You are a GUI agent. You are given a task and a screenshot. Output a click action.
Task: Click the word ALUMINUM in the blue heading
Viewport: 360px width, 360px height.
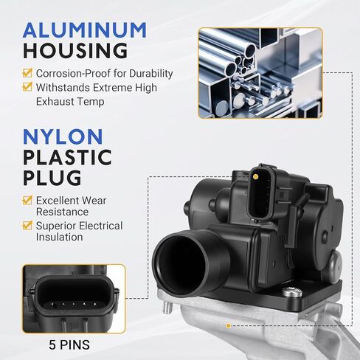[85, 30]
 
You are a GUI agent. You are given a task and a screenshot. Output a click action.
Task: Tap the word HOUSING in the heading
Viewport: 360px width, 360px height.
[75, 51]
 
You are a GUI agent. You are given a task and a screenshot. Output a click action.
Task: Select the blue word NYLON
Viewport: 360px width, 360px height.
[63, 136]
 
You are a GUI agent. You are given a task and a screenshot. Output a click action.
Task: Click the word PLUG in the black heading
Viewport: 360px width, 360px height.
[52, 178]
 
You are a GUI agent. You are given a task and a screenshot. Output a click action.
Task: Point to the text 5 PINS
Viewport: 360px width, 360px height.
[69, 345]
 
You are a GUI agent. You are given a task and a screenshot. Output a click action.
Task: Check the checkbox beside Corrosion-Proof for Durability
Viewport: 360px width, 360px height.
[27, 72]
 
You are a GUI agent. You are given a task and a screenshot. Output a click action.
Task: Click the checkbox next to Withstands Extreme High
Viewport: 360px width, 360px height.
[27, 86]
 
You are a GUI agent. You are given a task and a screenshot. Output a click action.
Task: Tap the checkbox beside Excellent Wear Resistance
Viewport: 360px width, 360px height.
[27, 200]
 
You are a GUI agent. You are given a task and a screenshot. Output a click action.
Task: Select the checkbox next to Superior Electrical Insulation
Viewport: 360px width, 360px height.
[27, 225]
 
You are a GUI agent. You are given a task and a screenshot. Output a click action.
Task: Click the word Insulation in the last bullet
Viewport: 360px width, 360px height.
[60, 237]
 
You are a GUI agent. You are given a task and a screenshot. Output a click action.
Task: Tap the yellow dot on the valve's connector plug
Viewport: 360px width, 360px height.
[255, 176]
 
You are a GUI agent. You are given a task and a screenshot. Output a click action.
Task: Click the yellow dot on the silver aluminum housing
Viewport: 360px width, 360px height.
[229, 326]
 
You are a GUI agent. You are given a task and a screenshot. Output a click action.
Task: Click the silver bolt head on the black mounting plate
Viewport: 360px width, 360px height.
[292, 292]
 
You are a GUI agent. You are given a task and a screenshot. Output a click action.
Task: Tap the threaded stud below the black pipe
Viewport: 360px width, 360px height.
[167, 308]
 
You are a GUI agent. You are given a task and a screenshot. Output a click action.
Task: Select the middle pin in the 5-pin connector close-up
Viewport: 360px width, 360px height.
[74, 305]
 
